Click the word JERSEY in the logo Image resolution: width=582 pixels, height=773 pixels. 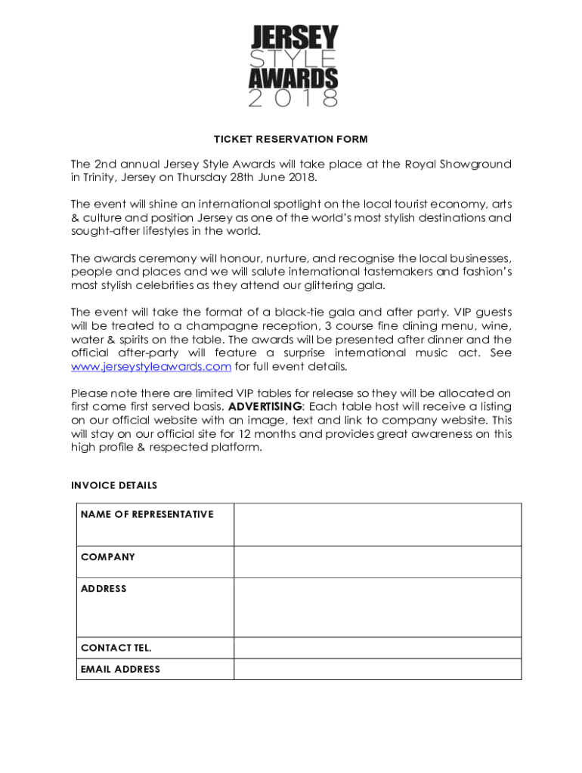tap(294, 37)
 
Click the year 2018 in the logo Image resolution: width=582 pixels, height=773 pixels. tap(294, 98)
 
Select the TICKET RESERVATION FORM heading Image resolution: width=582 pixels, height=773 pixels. tap(291, 139)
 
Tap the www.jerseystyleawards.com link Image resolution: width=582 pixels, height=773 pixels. tap(150, 367)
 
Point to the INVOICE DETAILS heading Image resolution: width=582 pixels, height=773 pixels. tap(114, 485)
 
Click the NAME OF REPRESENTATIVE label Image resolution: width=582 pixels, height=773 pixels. tap(147, 514)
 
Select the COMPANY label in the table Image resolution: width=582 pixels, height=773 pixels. tap(108, 557)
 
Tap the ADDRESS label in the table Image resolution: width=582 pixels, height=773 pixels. tap(104, 589)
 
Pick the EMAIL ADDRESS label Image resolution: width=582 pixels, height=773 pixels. tap(120, 669)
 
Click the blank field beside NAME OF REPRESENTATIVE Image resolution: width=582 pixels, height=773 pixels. tap(377, 524)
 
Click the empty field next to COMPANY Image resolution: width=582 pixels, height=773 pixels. tap(377, 562)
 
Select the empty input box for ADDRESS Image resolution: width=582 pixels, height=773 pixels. tap(377, 608)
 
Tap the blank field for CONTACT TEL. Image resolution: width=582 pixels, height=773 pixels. tap(377, 648)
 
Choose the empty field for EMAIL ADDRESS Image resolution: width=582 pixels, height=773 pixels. tap(377, 669)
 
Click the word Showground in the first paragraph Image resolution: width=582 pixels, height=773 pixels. tap(476, 165)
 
